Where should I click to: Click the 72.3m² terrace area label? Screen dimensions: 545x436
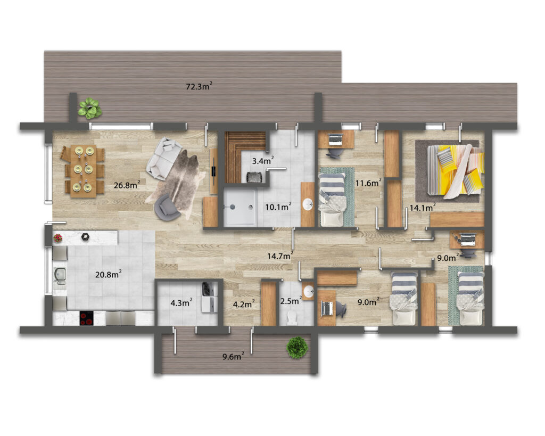(x=199, y=86)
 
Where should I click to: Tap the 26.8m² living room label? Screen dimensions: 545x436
(x=127, y=185)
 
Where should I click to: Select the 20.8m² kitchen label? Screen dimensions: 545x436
(x=109, y=274)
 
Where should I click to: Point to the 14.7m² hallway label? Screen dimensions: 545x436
(x=280, y=256)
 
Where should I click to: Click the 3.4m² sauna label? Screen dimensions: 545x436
(x=263, y=160)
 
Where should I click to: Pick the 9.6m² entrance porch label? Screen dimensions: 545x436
(x=233, y=356)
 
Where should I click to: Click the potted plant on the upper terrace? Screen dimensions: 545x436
(x=90, y=108)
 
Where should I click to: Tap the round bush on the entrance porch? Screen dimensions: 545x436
(x=297, y=347)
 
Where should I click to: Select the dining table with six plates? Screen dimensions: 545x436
(x=84, y=171)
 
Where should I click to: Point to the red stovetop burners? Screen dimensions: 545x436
(x=87, y=318)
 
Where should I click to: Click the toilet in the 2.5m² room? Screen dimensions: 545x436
(x=291, y=317)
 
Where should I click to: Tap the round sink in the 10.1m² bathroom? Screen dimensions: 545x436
(x=308, y=204)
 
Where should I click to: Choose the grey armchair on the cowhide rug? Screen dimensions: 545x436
(x=167, y=207)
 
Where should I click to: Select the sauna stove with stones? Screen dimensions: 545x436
(x=254, y=177)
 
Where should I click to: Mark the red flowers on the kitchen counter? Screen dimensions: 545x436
(x=57, y=238)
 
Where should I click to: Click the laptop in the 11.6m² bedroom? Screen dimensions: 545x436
(x=335, y=139)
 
